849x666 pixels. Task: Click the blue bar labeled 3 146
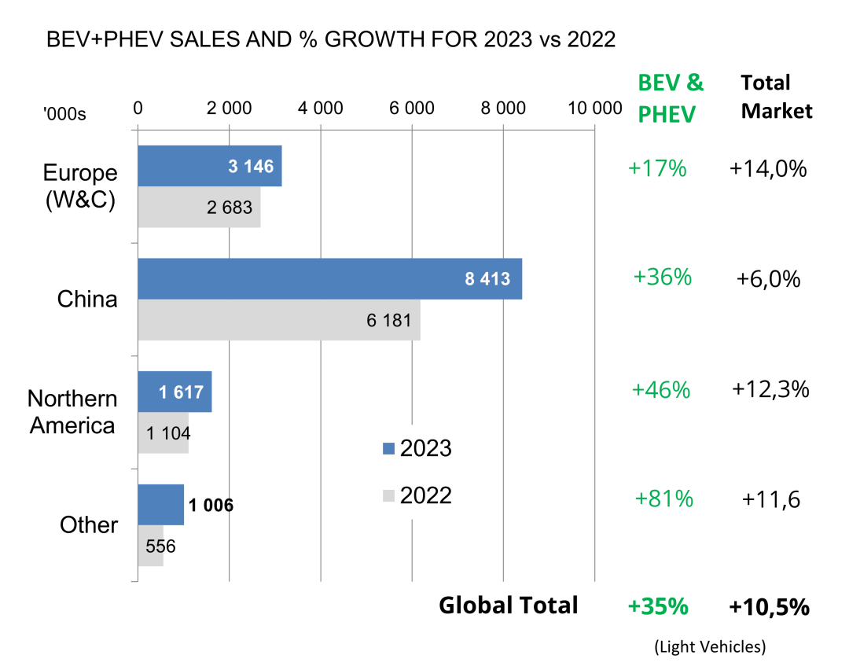[x=209, y=166]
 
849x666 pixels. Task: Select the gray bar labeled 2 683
[x=199, y=208]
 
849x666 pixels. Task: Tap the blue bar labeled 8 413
[x=329, y=278]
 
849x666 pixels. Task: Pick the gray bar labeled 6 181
[x=279, y=320]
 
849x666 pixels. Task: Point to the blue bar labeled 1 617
[x=175, y=392]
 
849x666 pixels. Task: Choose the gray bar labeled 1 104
[x=164, y=433]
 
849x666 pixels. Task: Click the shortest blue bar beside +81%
[x=161, y=505]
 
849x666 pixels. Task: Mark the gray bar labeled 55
[x=151, y=546]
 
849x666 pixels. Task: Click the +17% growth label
[x=657, y=168]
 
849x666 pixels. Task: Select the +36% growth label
[x=662, y=278]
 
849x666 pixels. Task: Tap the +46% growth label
[x=660, y=390]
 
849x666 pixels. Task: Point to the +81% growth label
[x=663, y=499]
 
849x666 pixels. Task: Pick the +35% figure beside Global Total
[x=658, y=607]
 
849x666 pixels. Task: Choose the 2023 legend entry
[x=417, y=448]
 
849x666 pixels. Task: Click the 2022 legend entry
[x=417, y=495]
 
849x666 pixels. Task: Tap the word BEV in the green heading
[x=658, y=83]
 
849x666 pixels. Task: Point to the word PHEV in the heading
[x=667, y=114]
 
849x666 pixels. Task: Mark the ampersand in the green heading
[x=696, y=83]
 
